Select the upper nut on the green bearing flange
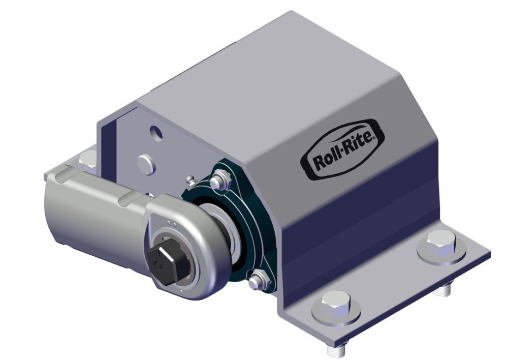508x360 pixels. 219,180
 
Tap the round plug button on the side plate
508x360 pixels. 146,164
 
